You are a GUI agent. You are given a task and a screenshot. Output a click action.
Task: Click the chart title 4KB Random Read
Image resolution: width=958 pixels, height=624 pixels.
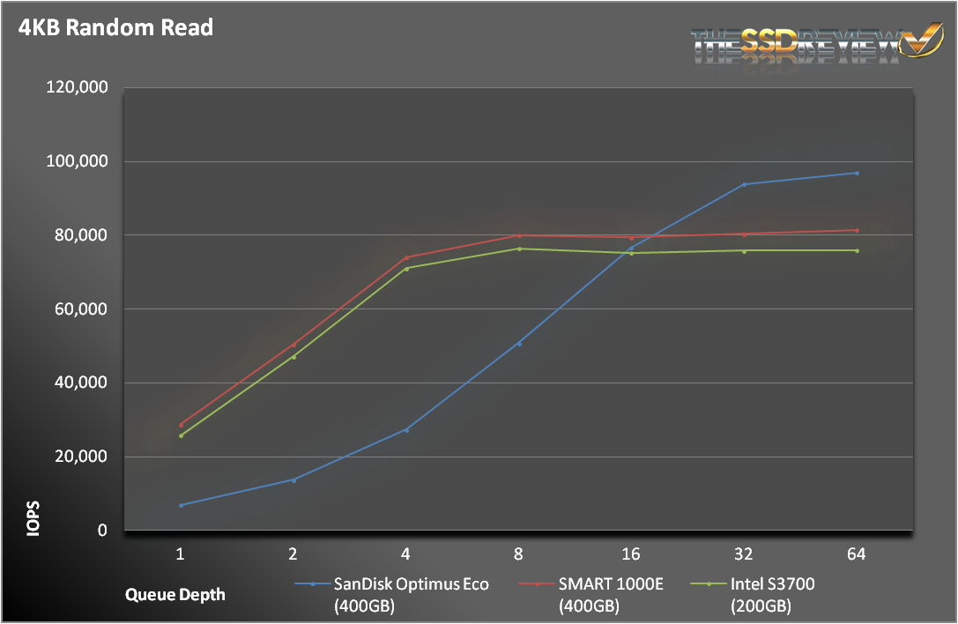115,28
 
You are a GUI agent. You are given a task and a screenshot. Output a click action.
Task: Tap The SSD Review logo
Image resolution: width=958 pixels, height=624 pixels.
818,44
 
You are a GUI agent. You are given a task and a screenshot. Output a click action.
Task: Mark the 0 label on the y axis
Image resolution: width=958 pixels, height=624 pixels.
102,531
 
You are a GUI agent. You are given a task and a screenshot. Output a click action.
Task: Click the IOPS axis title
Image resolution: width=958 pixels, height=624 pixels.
33,518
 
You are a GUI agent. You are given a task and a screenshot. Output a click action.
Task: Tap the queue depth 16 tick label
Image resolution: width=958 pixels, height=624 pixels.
631,554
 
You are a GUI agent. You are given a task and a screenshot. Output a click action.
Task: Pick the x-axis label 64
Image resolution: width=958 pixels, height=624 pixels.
856,554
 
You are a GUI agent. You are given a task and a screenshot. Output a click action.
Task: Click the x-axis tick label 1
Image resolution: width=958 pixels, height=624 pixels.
181,554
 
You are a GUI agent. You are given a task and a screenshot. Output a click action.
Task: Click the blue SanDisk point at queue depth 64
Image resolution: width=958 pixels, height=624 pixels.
856,173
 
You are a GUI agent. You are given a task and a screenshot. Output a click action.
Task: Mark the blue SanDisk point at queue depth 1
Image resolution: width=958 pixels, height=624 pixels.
181,505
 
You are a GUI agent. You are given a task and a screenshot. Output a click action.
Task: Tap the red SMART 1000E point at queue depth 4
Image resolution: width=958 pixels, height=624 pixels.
406,257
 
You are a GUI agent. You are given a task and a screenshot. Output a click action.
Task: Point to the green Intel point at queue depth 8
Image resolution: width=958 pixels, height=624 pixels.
518,249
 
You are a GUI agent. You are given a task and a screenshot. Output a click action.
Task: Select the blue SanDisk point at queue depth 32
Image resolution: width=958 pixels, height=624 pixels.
744,184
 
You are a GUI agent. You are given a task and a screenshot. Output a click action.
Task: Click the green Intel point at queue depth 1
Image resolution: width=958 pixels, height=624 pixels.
181,435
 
